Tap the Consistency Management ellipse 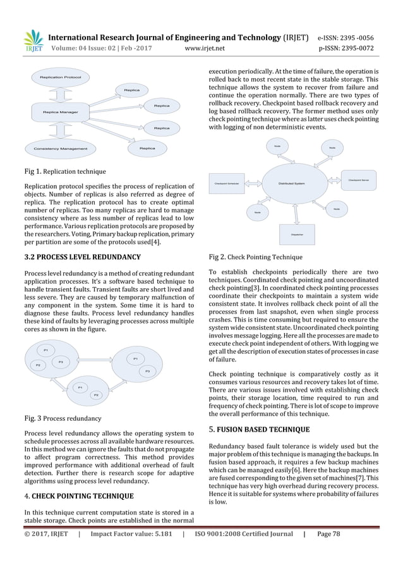pos(56,149)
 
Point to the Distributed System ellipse pos(292,184)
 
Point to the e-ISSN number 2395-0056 pos(364,35)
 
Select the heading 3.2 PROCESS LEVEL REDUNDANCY pos(78,257)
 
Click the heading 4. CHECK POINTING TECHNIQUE pos(78,496)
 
